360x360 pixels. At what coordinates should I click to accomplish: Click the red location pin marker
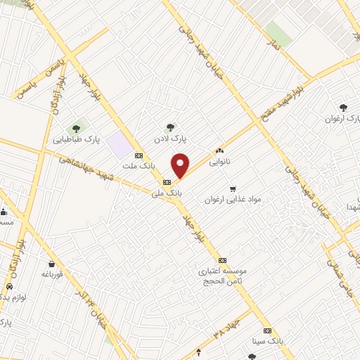[181, 165]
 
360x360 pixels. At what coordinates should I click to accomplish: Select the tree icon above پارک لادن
[170, 127]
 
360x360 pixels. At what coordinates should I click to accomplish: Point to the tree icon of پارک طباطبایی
[76, 129]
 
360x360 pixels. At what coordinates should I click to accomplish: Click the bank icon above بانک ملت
[139, 156]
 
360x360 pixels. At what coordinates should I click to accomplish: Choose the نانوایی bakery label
[219, 161]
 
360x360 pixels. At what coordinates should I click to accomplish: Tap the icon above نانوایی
[219, 150]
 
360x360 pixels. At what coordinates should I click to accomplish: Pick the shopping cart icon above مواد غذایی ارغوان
[233, 188]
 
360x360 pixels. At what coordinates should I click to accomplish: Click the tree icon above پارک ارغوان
[343, 108]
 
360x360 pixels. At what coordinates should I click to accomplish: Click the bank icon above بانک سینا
[267, 330]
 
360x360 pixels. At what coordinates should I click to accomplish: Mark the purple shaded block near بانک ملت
[120, 146]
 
